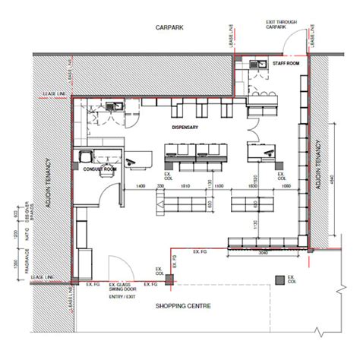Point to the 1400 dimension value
(x=140, y=185)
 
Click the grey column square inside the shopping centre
(x=281, y=280)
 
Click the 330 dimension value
(x=161, y=185)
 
